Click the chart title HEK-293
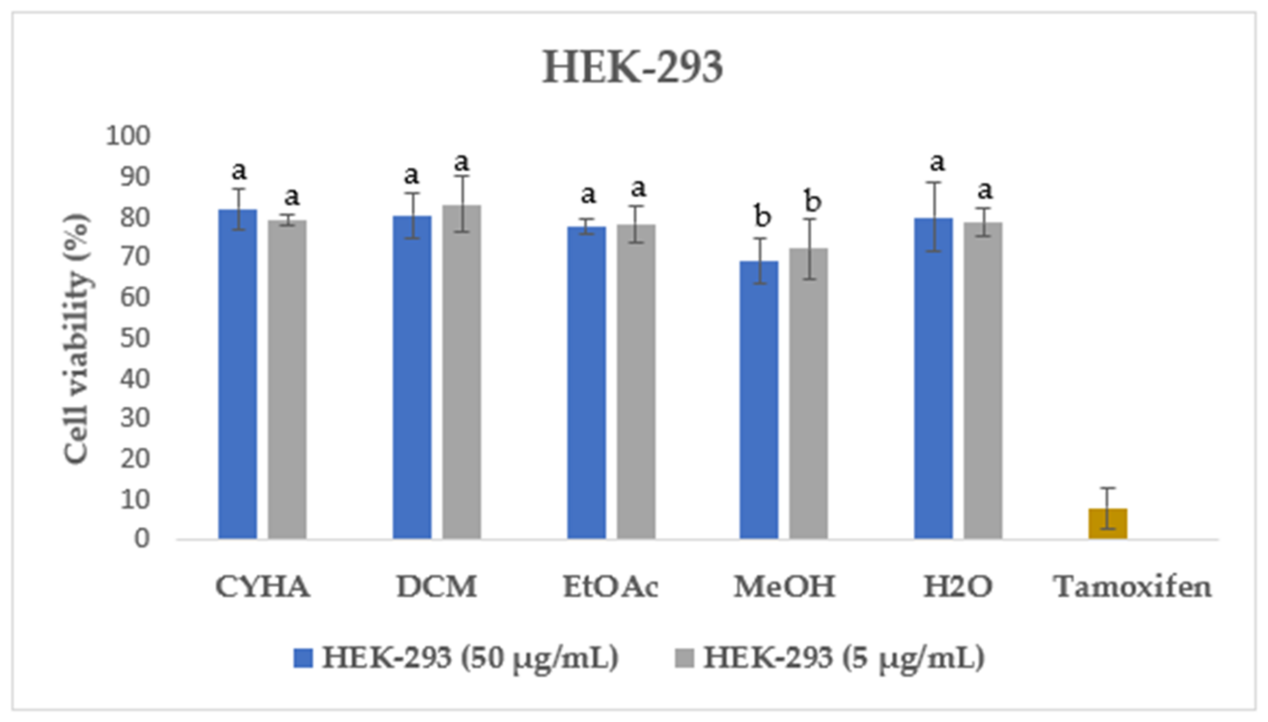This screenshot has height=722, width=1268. (x=632, y=68)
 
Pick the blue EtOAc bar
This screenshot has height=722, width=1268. (x=586, y=382)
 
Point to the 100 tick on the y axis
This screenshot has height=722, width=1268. (x=127, y=136)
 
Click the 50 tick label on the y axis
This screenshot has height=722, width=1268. (x=135, y=338)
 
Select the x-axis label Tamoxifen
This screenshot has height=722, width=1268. (x=1132, y=586)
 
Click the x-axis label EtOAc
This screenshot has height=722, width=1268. (x=611, y=586)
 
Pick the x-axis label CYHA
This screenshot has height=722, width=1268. (x=263, y=586)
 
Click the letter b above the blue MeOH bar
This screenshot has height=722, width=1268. (x=762, y=216)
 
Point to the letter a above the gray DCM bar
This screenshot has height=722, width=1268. (x=461, y=162)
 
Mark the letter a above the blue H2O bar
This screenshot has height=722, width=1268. (x=937, y=162)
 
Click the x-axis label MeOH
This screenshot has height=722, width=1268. (x=784, y=586)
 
